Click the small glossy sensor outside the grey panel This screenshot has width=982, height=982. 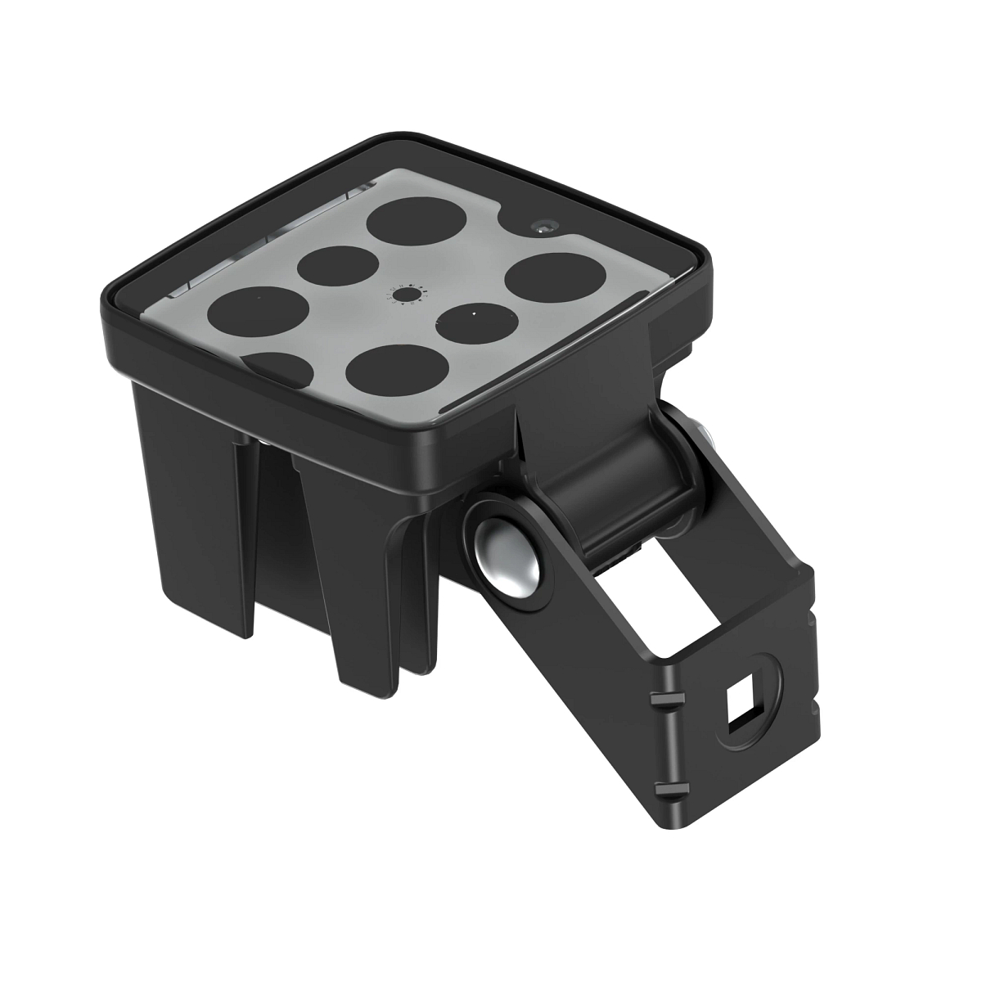(543, 226)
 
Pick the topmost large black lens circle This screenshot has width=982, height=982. (417, 222)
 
